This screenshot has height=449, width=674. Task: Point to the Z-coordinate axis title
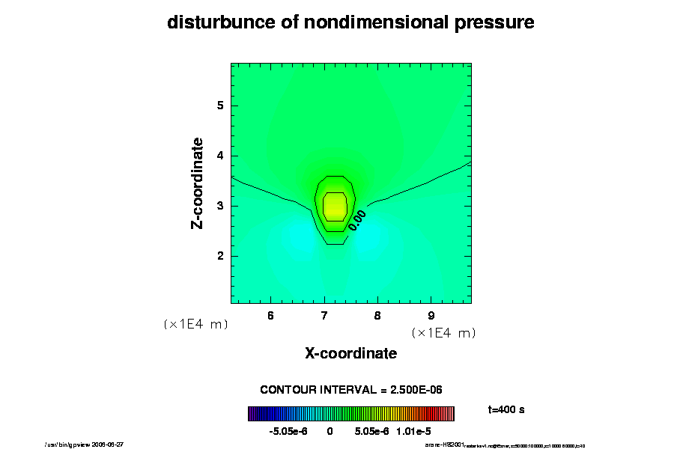[198, 183]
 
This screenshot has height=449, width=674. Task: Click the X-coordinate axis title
[350, 353]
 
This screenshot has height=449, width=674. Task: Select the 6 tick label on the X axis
[270, 315]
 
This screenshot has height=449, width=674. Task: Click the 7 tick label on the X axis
[324, 315]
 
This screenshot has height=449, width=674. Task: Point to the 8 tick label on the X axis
[377, 315]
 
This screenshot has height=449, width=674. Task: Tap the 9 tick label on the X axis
[431, 315]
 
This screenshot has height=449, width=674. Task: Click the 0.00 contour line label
[357, 219]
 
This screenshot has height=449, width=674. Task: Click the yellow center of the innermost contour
[335, 206]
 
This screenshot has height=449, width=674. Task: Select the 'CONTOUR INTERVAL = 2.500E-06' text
[350, 390]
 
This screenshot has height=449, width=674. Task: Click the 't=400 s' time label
[506, 410]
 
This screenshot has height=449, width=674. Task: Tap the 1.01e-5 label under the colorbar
[413, 432]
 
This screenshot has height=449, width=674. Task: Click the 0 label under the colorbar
[330, 432]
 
